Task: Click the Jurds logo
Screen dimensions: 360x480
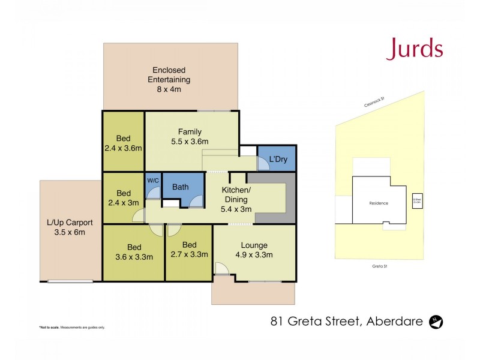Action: pos(414,49)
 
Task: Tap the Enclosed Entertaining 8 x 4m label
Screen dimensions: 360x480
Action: pos(171,80)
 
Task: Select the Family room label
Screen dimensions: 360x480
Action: pos(189,137)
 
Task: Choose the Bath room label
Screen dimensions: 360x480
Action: pos(181,187)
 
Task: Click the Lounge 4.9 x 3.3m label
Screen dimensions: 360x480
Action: pos(254,250)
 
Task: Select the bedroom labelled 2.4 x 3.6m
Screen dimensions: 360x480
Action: pos(123,142)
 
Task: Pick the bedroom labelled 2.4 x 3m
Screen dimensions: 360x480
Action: pos(123,198)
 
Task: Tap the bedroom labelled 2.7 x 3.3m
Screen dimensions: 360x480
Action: pos(188,249)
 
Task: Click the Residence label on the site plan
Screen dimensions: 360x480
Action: pos(378,203)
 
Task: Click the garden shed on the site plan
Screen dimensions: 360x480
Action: pos(416,202)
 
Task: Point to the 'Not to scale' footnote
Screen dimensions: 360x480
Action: pos(72,327)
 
